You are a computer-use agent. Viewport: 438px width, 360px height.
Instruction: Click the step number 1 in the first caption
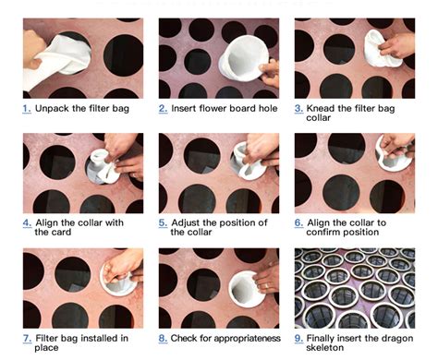(x=27, y=109)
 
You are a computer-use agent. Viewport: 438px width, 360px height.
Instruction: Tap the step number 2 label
(x=163, y=109)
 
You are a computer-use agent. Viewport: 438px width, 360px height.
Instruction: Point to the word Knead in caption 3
(x=324, y=109)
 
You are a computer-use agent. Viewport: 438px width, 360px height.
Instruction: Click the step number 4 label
(x=27, y=222)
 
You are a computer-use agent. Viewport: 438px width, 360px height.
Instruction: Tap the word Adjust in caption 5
(x=189, y=222)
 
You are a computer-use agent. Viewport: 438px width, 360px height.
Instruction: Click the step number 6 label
(x=298, y=222)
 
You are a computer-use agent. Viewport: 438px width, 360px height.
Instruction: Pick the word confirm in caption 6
(x=332, y=233)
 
